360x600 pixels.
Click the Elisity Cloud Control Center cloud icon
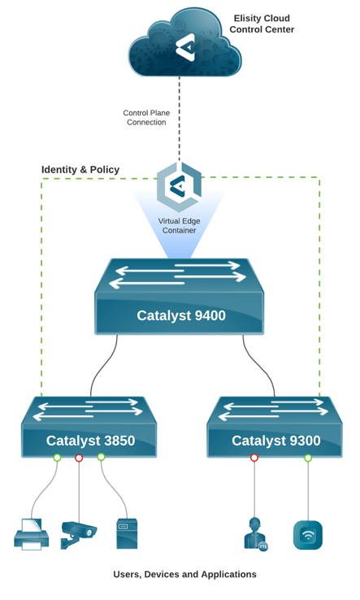[x=184, y=43]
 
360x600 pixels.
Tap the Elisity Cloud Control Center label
[x=262, y=24]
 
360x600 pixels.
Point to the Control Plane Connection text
[x=146, y=117]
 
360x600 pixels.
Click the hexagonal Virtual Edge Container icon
[x=179, y=187]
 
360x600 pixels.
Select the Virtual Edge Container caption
[x=179, y=226]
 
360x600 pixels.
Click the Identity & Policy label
[x=80, y=170]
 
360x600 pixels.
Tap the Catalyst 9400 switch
[x=179, y=296]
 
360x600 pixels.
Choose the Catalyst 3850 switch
[x=89, y=427]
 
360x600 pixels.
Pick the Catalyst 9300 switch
[x=275, y=427]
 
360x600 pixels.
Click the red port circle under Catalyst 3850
[x=79, y=458]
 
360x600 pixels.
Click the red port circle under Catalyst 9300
[x=254, y=458]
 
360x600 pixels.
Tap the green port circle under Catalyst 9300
[x=308, y=458]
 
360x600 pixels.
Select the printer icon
[x=32, y=535]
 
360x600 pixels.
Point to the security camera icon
[x=79, y=535]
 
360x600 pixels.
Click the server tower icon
[x=127, y=534]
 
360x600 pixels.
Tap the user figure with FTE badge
[x=255, y=534]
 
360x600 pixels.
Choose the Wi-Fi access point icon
[x=308, y=535]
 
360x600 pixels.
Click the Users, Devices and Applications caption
[x=184, y=574]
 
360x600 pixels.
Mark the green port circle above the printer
[x=57, y=457]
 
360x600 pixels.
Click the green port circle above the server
[x=101, y=457]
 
